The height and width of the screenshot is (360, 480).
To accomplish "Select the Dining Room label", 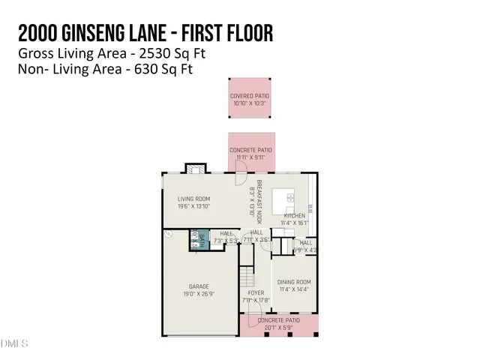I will (x=293, y=282).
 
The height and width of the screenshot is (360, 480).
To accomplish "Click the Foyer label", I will (x=255, y=292).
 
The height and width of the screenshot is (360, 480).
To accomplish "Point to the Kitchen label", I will (x=293, y=215).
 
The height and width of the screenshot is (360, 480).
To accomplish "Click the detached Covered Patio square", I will (x=250, y=97).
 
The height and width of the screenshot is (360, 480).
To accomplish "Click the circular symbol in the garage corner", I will (x=169, y=234).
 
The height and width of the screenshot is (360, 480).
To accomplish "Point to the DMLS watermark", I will (x=14, y=344).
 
